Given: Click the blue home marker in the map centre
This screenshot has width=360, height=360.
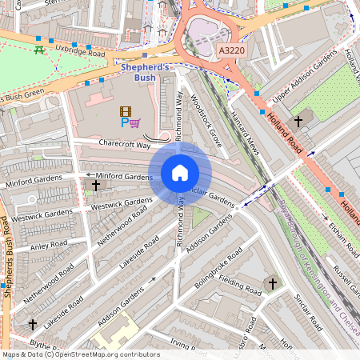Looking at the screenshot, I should [x=180, y=173].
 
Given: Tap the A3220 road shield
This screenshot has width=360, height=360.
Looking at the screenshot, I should [x=230, y=50].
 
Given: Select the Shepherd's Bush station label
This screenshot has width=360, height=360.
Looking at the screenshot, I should [x=144, y=73].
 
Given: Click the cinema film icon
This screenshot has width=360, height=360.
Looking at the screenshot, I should [x=125, y=111].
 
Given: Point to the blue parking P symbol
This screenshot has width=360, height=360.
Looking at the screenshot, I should [x=124, y=123].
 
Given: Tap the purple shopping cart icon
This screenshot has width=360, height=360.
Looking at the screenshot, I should [x=135, y=123].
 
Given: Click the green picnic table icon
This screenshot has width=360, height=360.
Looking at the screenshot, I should [x=38, y=50].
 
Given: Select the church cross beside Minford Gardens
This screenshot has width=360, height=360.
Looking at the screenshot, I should [x=96, y=186].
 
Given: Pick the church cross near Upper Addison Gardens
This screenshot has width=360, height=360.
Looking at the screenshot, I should [x=298, y=122].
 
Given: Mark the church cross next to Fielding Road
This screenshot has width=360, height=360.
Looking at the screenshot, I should [x=272, y=284].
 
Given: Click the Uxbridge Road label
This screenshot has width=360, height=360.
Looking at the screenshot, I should [x=81, y=52].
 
